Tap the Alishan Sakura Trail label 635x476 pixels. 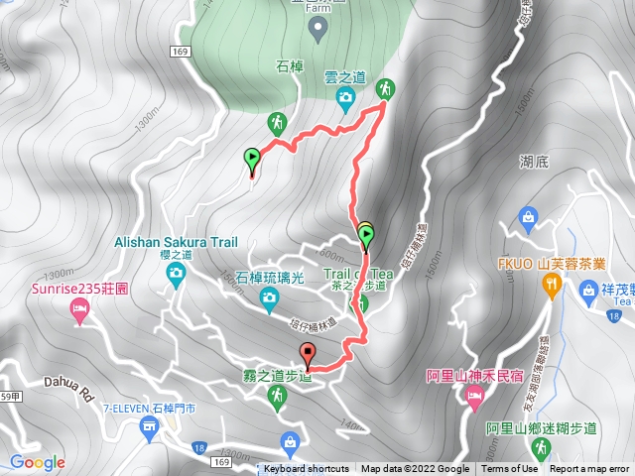176,241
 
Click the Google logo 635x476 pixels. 37,462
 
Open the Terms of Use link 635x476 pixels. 510,469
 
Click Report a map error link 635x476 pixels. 589,469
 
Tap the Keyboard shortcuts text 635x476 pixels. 307,469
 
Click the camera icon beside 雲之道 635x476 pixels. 345,96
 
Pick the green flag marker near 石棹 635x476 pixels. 252,158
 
